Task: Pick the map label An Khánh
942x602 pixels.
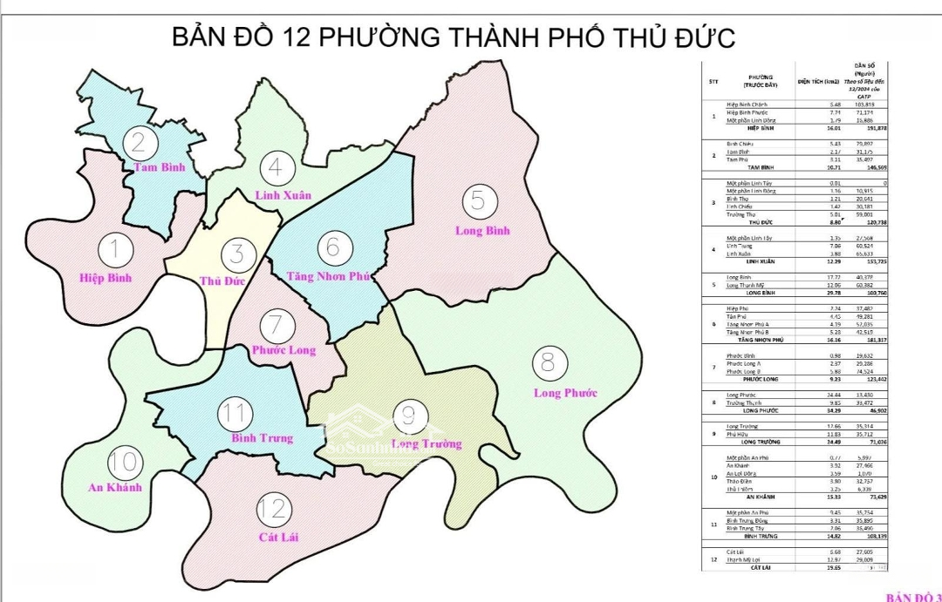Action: point(115,487)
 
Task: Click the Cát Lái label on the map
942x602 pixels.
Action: point(279,537)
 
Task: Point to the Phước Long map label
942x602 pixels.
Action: point(283,350)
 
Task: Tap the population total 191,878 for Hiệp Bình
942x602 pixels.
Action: point(874,127)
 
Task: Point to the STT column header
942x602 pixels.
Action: point(713,82)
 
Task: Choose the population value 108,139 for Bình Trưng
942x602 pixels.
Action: point(874,536)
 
